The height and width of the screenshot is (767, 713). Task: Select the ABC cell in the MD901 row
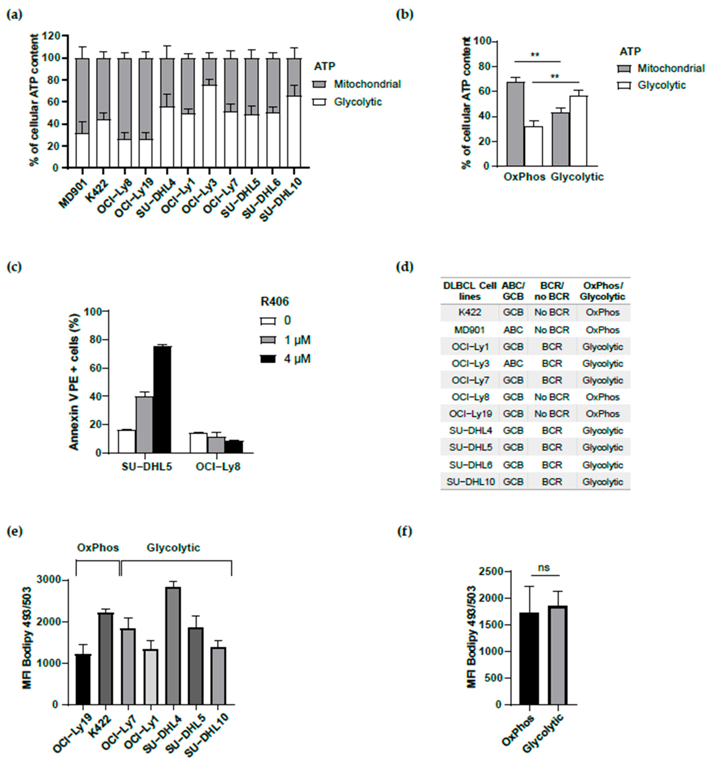[513, 330]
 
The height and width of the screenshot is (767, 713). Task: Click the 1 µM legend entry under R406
[297, 340]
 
